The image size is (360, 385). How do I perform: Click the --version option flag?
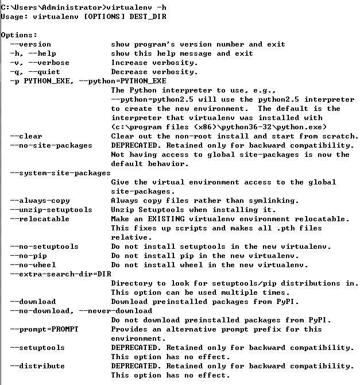click(30, 44)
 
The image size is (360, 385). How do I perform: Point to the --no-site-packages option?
click(51, 145)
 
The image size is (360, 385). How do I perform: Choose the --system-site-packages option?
click(60, 173)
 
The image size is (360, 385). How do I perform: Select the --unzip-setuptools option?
click(51, 210)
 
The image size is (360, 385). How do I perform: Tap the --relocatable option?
click(40, 219)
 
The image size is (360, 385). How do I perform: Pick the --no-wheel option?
click(33, 265)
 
